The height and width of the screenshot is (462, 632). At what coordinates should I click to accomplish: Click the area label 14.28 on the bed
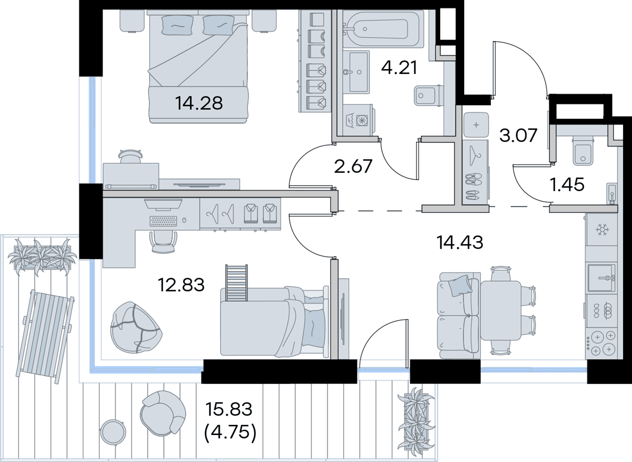pos(199,103)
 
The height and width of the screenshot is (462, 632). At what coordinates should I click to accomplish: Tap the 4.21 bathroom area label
pos(399,68)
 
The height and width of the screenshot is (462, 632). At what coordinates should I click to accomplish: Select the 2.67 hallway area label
pos(353,166)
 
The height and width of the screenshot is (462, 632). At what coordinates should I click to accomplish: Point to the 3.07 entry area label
pos(518,135)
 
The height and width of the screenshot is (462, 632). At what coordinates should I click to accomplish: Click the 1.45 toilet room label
pos(567,185)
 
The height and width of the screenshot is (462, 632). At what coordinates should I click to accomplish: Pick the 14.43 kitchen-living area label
pos(460,243)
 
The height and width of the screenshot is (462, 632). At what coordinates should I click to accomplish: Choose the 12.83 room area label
pos(181,285)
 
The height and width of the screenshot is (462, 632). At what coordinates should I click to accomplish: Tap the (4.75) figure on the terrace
pos(230,432)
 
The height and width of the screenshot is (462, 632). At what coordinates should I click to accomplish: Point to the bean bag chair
pos(136,327)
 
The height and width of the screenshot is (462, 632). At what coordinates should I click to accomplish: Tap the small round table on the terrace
pos(113,432)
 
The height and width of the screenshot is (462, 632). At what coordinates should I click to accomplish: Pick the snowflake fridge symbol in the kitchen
pos(602,230)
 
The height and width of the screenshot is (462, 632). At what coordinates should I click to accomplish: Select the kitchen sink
pos(602,278)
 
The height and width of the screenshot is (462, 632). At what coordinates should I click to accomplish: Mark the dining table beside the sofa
pos(500,310)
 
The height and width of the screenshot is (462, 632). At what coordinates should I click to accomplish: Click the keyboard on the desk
pos(163,221)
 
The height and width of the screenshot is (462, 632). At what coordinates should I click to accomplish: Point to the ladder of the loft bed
pos(236,283)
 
